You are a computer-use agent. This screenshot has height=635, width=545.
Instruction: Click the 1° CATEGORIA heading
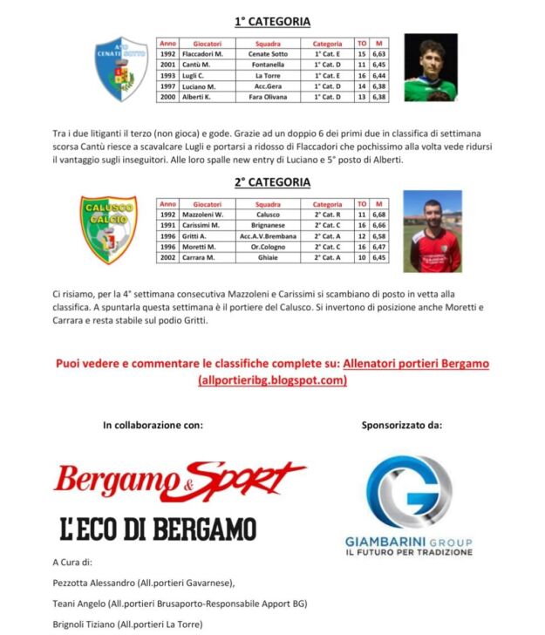coord(272,21)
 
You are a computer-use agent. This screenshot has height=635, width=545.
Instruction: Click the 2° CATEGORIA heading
coord(272,182)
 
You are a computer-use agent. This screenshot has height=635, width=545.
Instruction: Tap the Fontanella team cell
coord(268,65)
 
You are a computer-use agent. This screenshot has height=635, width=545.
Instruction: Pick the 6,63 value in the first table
coord(379,53)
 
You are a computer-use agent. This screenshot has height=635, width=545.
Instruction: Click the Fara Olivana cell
coord(268,97)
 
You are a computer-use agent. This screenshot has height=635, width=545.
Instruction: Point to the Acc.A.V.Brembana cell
coord(268,236)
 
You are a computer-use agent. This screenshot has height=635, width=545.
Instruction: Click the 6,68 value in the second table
coord(379,215)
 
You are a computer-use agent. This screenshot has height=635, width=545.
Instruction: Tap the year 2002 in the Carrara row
coord(168,258)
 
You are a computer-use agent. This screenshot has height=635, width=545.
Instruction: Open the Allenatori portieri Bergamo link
coord(416,363)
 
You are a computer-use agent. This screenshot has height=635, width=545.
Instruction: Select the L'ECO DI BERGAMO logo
coord(158,529)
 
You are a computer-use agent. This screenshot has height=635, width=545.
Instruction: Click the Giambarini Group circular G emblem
coord(409,495)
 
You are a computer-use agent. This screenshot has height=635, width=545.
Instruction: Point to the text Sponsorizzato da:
coord(402,426)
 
